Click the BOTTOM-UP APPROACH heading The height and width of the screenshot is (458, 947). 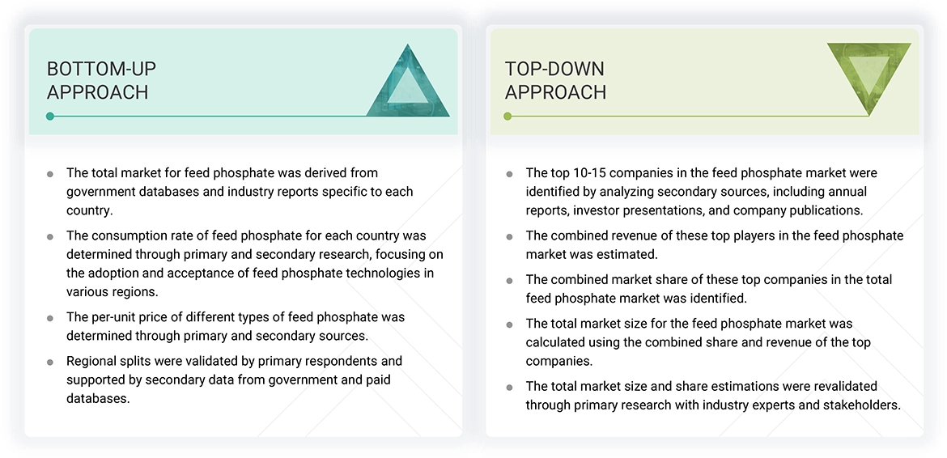(x=101, y=80)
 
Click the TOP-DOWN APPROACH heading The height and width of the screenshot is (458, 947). (x=555, y=80)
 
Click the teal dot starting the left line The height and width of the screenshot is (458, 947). (x=50, y=117)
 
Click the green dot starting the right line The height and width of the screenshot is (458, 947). (x=507, y=117)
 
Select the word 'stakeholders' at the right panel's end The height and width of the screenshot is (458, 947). (x=862, y=405)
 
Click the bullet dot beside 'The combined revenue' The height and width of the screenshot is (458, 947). (x=509, y=237)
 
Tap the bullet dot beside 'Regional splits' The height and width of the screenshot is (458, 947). (x=50, y=362)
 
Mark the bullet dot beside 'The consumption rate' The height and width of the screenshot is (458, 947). (x=50, y=237)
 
